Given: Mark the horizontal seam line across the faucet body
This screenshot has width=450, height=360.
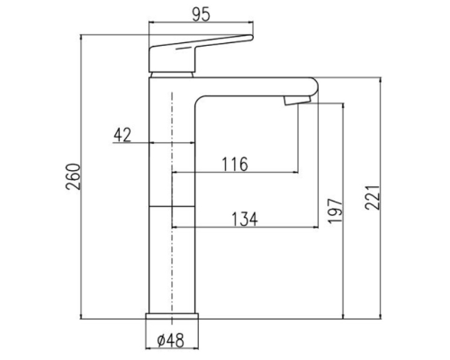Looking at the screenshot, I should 171,206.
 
